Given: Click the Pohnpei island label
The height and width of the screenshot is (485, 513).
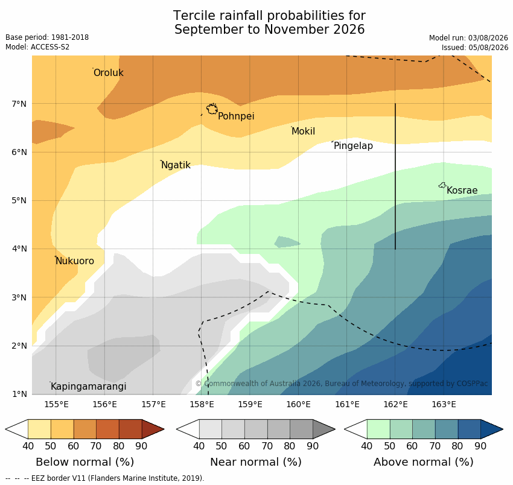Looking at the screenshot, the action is pos(236,116).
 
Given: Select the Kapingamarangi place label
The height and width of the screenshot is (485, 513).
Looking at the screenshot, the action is pos(88,387).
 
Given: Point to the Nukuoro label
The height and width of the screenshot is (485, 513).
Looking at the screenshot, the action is pos(75,261).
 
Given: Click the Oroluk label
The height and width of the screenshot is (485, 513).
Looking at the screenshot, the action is pos(108,72).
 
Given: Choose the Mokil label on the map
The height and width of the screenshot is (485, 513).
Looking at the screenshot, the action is pos(304,131).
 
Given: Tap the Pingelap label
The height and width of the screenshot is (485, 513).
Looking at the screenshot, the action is pos(353,145).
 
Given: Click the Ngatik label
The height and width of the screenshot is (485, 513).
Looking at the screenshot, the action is pos(176,165).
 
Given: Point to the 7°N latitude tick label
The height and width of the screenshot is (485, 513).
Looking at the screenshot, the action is pos(19,104).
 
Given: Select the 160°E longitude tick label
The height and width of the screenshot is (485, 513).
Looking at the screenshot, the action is pos(298,405).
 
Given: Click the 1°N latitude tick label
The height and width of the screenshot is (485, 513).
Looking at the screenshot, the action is pos(19,394).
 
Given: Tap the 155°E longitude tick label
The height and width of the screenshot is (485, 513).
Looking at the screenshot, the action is pos(56,405).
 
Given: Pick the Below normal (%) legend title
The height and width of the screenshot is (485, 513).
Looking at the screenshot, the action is pos(84,462).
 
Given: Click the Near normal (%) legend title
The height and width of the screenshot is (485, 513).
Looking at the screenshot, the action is pos(256,462).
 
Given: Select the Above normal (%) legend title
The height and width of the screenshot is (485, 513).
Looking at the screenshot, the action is pos(423,462).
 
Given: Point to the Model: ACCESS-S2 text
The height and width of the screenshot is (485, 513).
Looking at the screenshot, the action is pos(37,47).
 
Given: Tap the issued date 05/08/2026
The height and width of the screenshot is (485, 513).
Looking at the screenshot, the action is pos(488,48).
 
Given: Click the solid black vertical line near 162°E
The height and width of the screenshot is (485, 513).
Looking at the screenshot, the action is pos(395,177).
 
